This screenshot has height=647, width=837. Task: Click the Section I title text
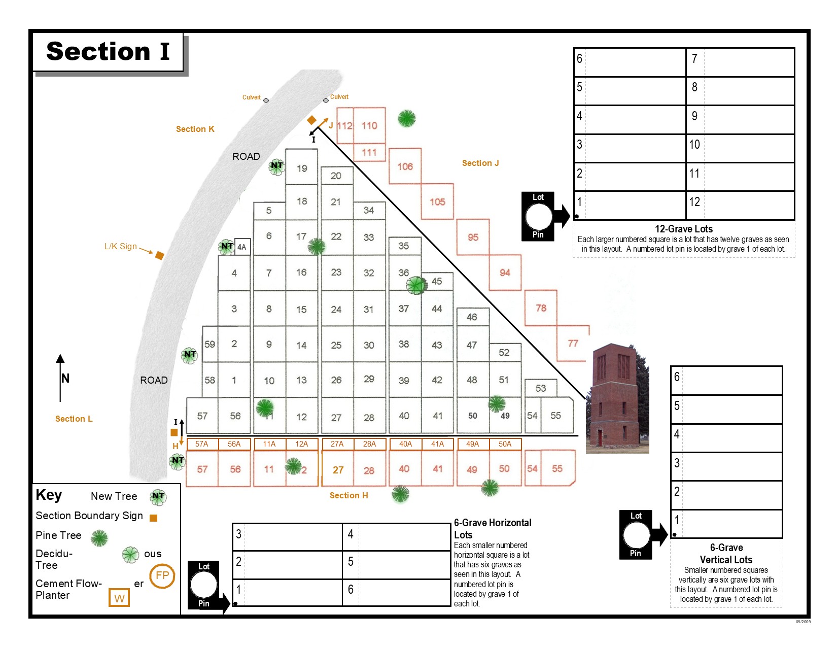click(x=108, y=51)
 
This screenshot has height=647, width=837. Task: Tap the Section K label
click(x=195, y=129)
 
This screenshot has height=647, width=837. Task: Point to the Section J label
click(x=480, y=163)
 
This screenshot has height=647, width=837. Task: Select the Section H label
click(x=348, y=495)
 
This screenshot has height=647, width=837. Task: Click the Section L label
click(x=74, y=419)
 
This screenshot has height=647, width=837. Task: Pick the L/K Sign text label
click(x=120, y=246)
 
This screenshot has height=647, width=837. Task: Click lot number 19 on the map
click(x=302, y=168)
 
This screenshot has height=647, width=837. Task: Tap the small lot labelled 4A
click(x=242, y=247)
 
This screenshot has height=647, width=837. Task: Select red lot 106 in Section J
click(x=405, y=166)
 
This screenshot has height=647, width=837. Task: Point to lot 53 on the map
click(x=541, y=388)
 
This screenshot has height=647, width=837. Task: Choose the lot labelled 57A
click(x=201, y=444)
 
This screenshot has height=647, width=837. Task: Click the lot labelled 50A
click(x=505, y=444)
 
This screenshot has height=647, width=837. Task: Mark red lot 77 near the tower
click(x=573, y=344)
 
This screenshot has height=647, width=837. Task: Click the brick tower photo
click(x=617, y=398)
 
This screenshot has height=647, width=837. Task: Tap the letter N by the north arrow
click(x=65, y=378)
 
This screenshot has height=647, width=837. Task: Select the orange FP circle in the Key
click(x=162, y=576)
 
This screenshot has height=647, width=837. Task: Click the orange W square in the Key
click(x=119, y=598)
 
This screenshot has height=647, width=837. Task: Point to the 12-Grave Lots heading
click(x=683, y=229)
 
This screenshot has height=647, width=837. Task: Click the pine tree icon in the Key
click(x=99, y=538)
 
